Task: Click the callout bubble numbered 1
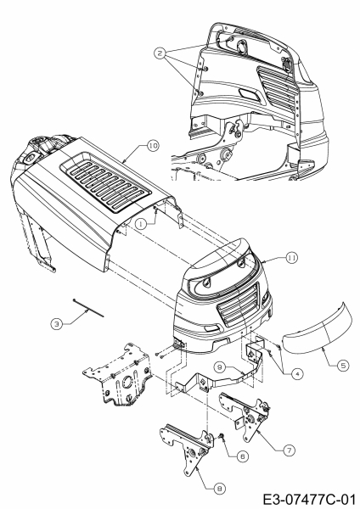pyautogui.click(x=141, y=224)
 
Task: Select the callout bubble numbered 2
pyautogui.click(x=160, y=53)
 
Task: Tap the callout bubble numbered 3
pyautogui.click(x=57, y=324)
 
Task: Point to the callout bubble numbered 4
pyautogui.click(x=297, y=374)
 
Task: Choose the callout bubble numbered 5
pyautogui.click(x=343, y=365)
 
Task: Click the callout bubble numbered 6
pyautogui.click(x=242, y=456)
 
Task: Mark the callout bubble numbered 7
pyautogui.click(x=289, y=450)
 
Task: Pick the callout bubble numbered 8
pyautogui.click(x=220, y=489)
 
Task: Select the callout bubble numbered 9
pyautogui.click(x=220, y=367)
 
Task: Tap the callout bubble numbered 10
pyautogui.click(x=153, y=146)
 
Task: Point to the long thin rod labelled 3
pyautogui.click(x=88, y=308)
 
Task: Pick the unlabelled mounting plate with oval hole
pyautogui.click(x=119, y=375)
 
